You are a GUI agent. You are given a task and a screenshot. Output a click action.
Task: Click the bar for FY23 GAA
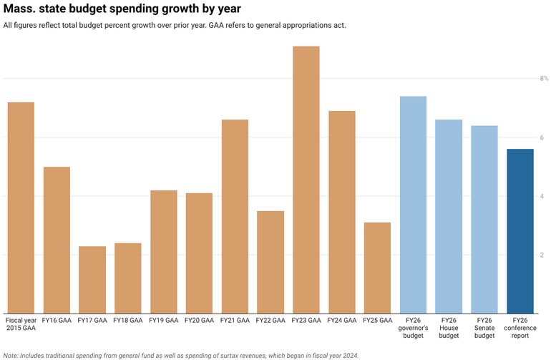pos(306,179)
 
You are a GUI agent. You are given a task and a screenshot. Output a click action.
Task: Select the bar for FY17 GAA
pos(92,279)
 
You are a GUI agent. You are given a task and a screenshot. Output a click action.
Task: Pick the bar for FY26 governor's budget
pos(413,204)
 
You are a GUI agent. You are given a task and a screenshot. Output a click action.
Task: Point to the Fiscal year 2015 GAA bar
pos(21,208)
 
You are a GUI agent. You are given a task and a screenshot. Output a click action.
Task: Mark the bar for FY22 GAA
pos(270,262)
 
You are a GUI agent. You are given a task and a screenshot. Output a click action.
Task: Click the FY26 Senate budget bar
pos(484,219)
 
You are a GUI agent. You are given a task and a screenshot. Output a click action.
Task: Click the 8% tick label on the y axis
pos(544,78)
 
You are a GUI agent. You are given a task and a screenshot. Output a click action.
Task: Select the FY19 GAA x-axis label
pos(163,321)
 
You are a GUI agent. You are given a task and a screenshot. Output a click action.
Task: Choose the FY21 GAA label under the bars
pos(235,321)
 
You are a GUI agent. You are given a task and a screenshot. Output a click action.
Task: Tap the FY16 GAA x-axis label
pos(57,321)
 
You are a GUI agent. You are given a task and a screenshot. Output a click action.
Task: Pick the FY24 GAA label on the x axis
pos(341,321)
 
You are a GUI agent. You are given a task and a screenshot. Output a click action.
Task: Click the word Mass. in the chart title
pos(19,9)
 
